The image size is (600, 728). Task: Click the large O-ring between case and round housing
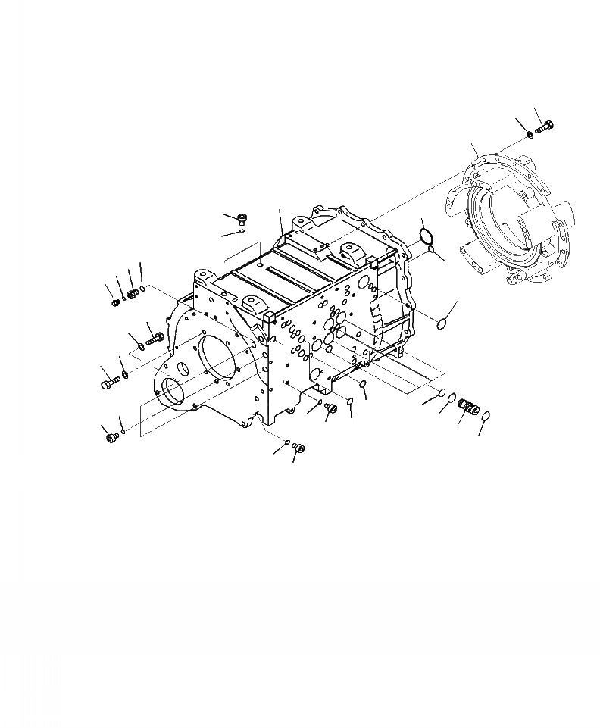[x=427, y=234]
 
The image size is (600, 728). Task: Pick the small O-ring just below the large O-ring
[x=430, y=248]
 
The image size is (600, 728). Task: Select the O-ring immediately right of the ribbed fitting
[x=486, y=416]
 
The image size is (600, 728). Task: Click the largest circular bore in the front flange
[x=218, y=361]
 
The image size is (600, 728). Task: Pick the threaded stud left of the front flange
[x=155, y=337]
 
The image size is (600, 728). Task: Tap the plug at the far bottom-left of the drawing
[x=113, y=437]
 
